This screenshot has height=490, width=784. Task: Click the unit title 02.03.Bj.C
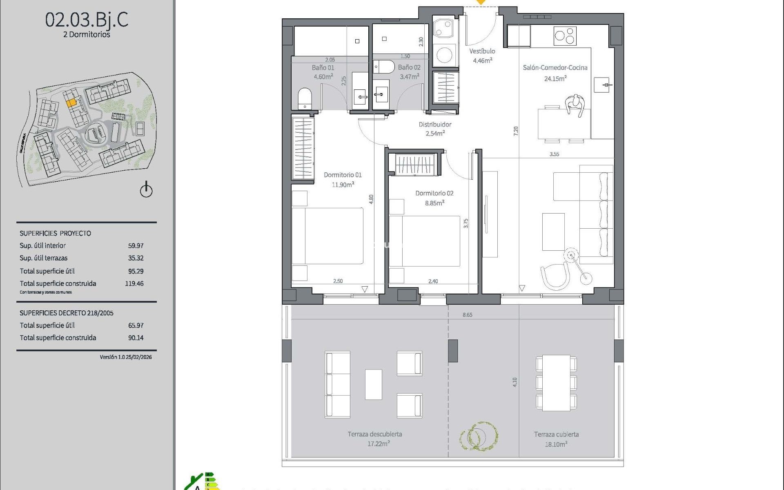tap(87, 20)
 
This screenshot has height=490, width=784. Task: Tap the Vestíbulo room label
tap(482, 51)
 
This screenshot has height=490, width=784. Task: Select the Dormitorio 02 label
tap(434, 193)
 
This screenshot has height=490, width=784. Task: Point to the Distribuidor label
tap(435, 125)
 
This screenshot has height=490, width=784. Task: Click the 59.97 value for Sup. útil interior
tap(136, 246)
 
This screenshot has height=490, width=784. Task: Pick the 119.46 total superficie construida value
tap(134, 283)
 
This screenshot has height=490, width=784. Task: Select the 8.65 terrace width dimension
tap(467, 315)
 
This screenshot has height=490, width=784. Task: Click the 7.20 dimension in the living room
tap(516, 131)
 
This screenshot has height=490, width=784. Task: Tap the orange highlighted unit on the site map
tap(71, 103)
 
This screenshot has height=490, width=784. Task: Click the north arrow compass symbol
tap(146, 190)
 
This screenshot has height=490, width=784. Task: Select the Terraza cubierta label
tap(556, 434)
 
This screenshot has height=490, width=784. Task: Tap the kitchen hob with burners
tap(565, 36)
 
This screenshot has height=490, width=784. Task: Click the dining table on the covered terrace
tap(556, 383)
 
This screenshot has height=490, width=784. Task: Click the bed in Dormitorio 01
tap(327, 236)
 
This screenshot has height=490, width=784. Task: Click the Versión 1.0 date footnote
tap(126, 357)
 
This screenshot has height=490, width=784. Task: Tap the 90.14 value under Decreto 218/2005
tap(136, 338)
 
